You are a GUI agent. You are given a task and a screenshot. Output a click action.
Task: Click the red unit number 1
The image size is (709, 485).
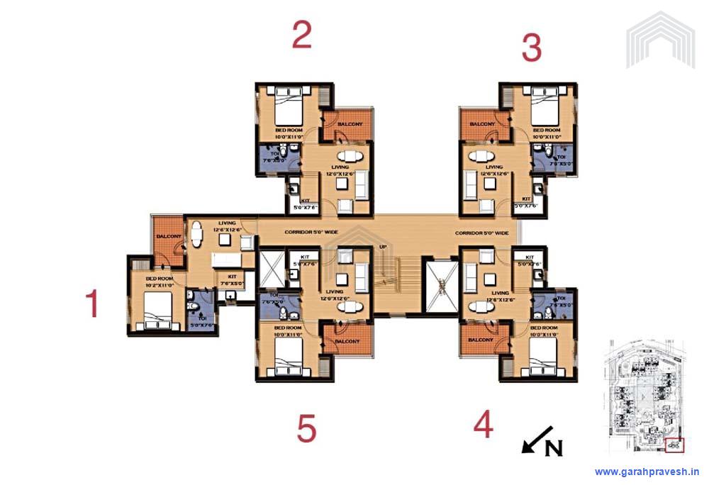coord(91,304)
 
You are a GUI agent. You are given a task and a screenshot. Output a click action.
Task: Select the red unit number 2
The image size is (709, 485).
coord(302,35)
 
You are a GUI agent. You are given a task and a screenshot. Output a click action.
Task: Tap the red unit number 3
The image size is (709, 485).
coord(531,48)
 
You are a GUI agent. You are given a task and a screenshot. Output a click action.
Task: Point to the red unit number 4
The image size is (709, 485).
coord(483,425)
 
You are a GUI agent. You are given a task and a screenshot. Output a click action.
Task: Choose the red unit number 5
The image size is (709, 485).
coord(306,429)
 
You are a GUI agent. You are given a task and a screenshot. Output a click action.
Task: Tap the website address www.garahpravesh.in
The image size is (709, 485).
coord(647,472)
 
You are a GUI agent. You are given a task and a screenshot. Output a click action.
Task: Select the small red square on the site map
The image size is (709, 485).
coord(674,445)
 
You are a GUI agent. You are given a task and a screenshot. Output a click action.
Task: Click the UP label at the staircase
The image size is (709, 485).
coord(382,247)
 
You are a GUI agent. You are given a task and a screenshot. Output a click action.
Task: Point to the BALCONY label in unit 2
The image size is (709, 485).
coord(350,124)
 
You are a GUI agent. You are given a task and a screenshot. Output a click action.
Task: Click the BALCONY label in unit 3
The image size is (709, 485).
coord(482,124)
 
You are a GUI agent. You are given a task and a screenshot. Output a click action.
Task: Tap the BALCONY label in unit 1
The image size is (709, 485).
coord(169,236)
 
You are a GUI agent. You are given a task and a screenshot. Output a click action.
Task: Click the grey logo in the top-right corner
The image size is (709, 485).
coord(660,40)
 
